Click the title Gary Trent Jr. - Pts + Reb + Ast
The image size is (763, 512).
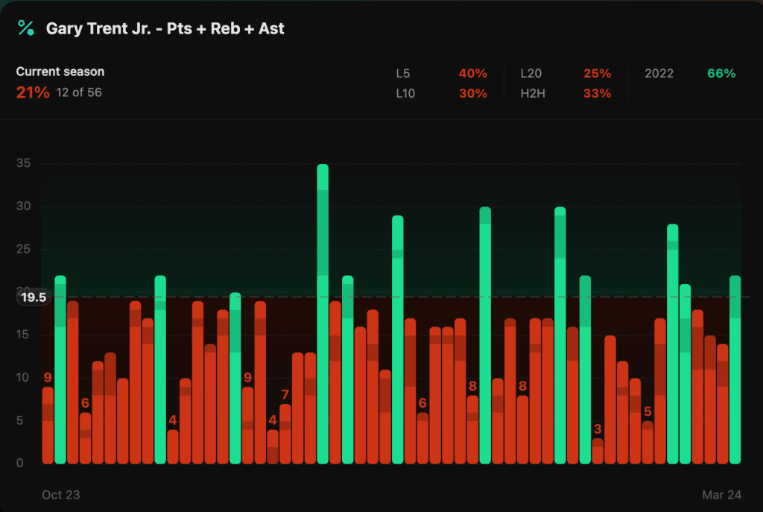coord(165,29)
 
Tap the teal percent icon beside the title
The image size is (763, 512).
coord(26,28)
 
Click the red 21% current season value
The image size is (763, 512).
coord(33,92)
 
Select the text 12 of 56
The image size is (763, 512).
coord(79,92)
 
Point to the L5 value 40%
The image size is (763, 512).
coord(472,73)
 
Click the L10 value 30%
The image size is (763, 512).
coord(472,93)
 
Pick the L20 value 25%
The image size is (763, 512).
coord(597,73)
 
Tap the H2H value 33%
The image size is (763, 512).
coord(597,93)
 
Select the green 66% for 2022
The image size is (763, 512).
coord(721,73)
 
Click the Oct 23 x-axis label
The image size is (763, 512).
coord(60,495)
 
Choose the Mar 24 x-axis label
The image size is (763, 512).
coord(721,495)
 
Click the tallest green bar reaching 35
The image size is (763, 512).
coord(323,313)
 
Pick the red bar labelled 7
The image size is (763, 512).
coord(285,434)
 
